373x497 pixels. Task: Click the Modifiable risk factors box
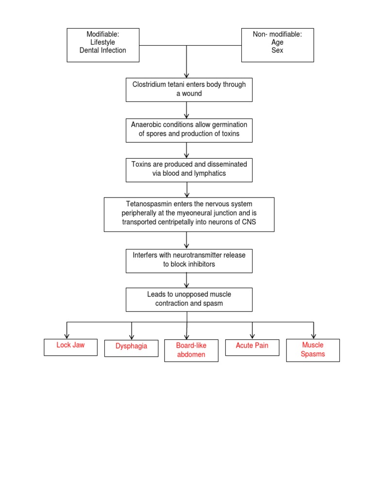103,45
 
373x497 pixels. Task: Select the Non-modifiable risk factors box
277,45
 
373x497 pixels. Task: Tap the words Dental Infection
102,50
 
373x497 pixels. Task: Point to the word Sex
277,50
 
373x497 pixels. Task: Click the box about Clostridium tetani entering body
189,89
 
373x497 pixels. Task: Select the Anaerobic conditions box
189,130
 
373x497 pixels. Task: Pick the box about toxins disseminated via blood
189,169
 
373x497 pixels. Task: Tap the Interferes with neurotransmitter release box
189,261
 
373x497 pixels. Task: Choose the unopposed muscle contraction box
189,299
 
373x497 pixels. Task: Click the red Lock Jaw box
70,347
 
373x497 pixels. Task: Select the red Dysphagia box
131,348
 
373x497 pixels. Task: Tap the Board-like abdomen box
191,350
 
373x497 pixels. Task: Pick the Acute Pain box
252,347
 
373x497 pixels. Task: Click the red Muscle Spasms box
313,350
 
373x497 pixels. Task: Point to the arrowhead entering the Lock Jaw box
67,336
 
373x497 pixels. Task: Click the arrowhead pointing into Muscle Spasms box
313,336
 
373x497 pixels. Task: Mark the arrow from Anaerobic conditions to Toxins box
186,150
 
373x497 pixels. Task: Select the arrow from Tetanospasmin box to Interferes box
186,240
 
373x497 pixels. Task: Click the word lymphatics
209,173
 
